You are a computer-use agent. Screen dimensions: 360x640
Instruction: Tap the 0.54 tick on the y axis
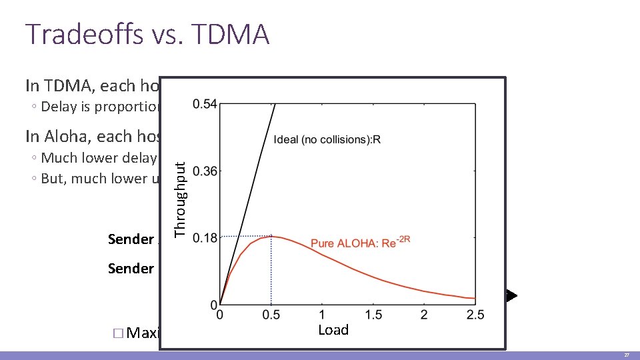click(204, 104)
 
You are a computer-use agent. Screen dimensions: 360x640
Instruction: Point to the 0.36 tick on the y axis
click(204, 171)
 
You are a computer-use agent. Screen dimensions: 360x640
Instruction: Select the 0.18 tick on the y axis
click(204, 238)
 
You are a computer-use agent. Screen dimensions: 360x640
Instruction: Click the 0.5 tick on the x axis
click(271, 315)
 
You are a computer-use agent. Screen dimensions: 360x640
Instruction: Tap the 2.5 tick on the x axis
click(475, 315)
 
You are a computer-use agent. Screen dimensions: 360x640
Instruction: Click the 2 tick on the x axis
click(424, 315)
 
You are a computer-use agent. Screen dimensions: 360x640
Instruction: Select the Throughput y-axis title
click(180, 193)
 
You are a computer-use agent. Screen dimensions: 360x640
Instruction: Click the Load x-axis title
click(333, 330)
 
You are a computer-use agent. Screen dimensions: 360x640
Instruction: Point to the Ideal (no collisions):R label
click(327, 140)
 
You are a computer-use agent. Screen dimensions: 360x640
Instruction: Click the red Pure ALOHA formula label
click(360, 243)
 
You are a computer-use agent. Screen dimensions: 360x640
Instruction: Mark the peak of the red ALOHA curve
click(271, 237)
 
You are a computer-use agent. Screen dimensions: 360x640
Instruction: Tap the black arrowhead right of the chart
click(511, 295)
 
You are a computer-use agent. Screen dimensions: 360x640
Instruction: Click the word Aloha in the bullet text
click(70, 136)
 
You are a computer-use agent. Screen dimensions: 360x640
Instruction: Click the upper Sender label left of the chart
click(131, 239)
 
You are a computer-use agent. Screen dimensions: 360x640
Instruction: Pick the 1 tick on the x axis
click(322, 315)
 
